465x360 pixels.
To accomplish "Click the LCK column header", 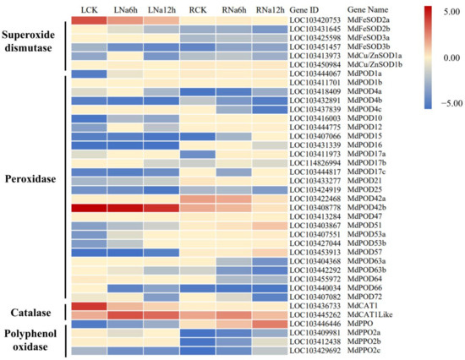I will coord(86,8).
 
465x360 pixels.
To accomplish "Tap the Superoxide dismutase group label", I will coord(34,44).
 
